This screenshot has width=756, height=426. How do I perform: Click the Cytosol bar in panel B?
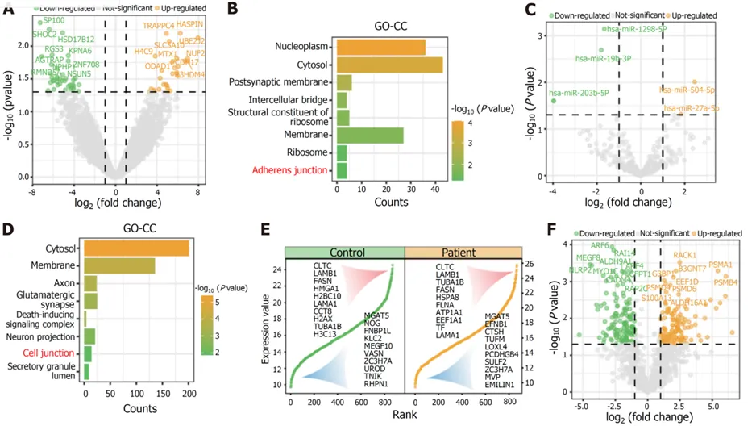point(388,65)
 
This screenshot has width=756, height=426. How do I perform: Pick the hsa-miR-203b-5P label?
point(579,93)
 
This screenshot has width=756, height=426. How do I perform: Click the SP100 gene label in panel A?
point(53,20)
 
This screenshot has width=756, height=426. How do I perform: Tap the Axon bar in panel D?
point(90,283)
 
